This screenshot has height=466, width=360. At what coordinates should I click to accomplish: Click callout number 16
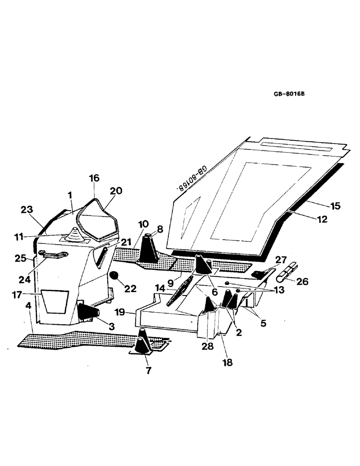point(94,178)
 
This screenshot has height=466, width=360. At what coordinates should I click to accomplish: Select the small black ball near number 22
point(113,277)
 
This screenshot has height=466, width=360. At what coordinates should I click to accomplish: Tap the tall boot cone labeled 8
point(149,247)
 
